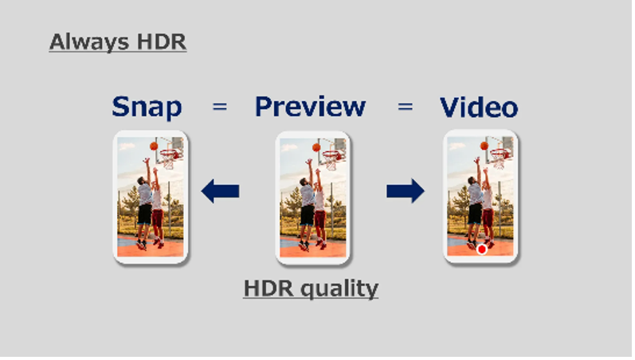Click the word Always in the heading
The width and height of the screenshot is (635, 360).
(89, 42)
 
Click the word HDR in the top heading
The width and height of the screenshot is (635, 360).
(162, 41)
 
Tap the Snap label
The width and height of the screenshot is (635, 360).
(147, 108)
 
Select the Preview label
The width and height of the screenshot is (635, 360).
(310, 107)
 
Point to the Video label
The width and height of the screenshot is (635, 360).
(479, 108)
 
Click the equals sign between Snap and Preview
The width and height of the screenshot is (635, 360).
(219, 107)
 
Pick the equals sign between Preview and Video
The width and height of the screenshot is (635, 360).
(405, 107)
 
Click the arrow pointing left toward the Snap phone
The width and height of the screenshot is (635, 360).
(221, 191)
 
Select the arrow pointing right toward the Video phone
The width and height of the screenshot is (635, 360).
(406, 190)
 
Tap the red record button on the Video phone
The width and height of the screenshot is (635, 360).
(481, 249)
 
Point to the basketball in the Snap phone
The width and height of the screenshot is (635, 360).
(154, 146)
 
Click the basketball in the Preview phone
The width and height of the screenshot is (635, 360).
(316, 147)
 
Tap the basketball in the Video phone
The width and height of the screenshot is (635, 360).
(484, 146)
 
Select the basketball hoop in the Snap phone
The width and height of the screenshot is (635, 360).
(169, 156)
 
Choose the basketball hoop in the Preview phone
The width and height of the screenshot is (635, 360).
(332, 158)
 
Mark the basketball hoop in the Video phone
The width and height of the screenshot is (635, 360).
(500, 156)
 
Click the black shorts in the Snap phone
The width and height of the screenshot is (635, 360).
(144, 214)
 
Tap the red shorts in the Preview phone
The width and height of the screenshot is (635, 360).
(320, 219)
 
